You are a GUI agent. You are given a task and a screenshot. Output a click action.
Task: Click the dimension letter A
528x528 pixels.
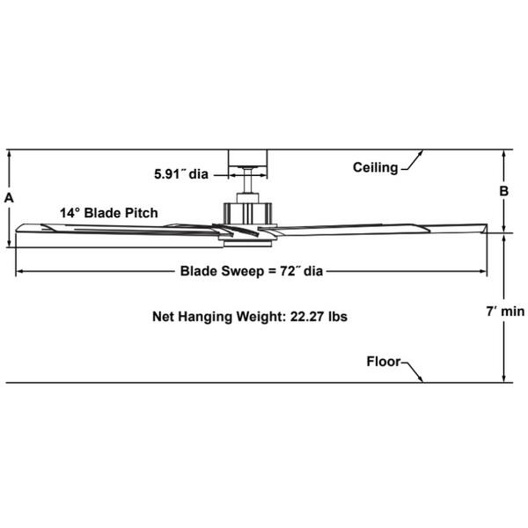9,198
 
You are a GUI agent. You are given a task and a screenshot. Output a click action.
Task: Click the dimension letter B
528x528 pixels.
504,190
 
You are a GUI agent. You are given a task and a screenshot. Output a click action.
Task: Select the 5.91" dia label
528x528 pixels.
180,173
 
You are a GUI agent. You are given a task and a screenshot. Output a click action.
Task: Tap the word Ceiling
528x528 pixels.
375,167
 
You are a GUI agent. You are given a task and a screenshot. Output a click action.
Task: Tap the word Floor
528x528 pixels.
384,362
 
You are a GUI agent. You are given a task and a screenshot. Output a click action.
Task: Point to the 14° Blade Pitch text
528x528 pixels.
109,213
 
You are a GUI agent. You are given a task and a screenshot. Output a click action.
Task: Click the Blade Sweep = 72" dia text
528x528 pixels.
251,271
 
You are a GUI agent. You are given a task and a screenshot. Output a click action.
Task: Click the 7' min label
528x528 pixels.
505,311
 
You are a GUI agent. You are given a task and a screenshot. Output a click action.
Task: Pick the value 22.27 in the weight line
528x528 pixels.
306,316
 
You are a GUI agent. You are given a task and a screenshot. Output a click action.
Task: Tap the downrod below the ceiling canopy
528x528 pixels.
249,182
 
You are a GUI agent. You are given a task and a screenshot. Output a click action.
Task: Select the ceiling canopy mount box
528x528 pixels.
249,158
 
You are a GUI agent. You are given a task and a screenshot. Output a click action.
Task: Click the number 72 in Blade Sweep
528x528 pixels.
286,271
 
